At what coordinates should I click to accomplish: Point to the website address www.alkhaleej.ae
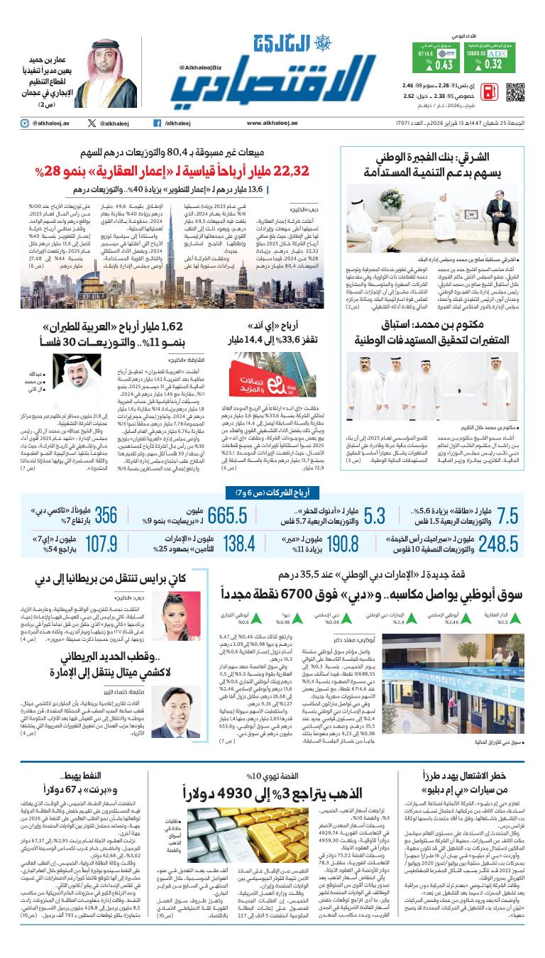coord(272,123)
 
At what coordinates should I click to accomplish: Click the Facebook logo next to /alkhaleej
coord(157,123)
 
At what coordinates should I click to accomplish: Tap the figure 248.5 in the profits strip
coord(498,544)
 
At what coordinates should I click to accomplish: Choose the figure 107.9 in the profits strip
coord(101,544)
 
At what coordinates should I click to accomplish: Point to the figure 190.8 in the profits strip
coord(343,544)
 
